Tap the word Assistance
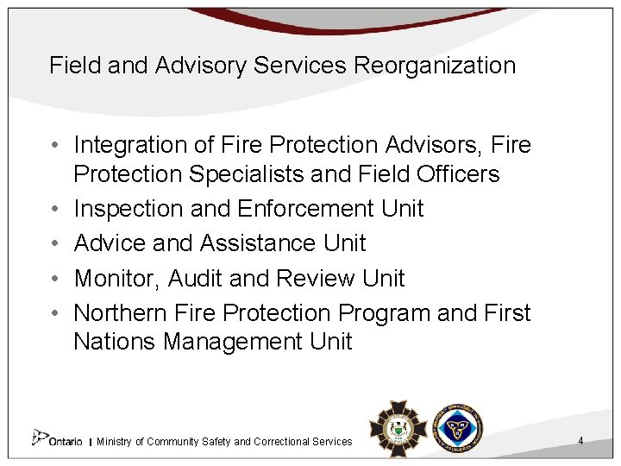(257, 243)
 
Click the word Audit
(196, 278)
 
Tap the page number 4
(580, 441)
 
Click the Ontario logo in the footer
(58, 439)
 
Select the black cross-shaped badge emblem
(398, 428)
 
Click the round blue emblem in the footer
(456, 427)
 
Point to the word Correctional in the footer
(287, 442)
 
